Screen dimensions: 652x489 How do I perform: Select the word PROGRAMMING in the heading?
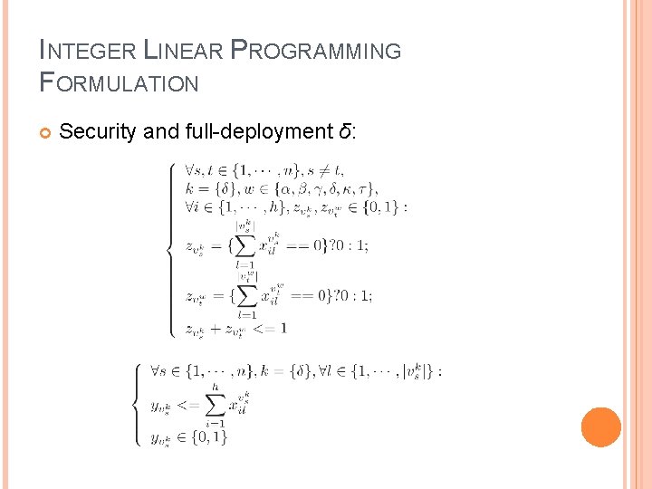click(x=316, y=51)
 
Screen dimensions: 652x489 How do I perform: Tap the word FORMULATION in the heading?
click(x=120, y=83)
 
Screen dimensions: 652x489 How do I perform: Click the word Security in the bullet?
click(x=98, y=131)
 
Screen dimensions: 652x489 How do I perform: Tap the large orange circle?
click(x=601, y=427)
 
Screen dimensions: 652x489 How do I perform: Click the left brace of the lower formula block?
click(x=137, y=404)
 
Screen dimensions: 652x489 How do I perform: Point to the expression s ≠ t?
click(x=325, y=169)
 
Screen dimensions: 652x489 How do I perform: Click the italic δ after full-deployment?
click(x=345, y=131)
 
